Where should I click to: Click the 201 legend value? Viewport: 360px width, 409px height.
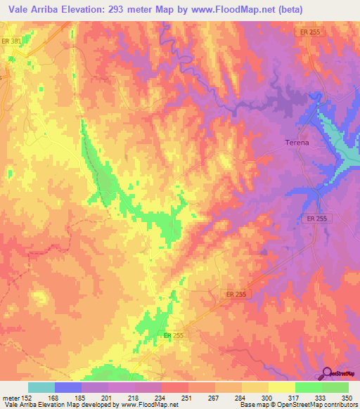tap(107, 397)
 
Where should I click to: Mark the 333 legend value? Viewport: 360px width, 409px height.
tap(320, 397)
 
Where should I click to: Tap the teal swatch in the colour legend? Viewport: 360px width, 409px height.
tap(41, 387)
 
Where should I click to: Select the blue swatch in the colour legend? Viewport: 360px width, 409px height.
tap(68, 387)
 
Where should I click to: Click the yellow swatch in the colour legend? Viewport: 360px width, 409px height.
tap(281, 387)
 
